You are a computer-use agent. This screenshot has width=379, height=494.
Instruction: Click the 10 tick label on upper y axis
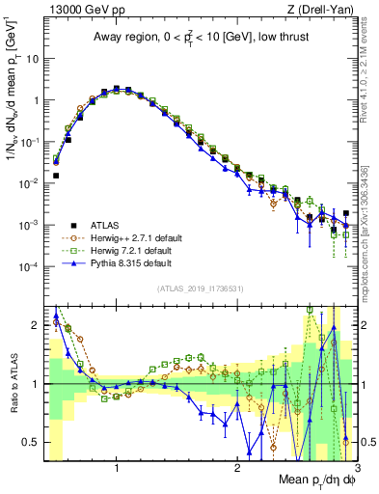tap(30, 58)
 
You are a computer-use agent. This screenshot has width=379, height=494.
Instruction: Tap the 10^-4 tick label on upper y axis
tap(28, 266)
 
